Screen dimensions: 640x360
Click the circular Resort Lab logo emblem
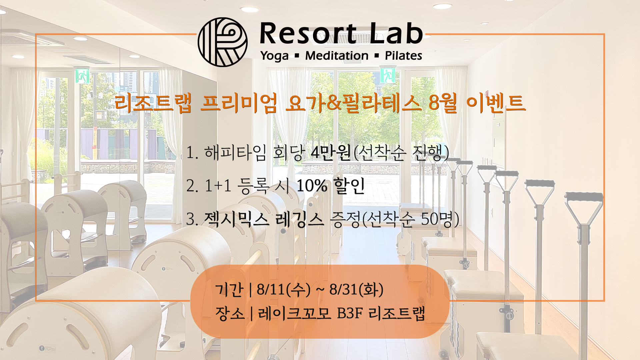click(x=223, y=42)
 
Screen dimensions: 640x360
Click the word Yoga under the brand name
click(x=275, y=56)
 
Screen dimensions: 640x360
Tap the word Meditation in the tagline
click(x=337, y=55)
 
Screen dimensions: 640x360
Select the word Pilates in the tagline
click(x=403, y=55)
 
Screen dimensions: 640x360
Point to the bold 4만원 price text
click(x=331, y=153)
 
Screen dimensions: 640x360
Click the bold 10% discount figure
click(x=312, y=186)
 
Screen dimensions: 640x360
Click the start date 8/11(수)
click(x=283, y=289)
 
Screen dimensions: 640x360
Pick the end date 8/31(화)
click(x=356, y=289)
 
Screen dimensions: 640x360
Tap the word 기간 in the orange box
click(x=229, y=289)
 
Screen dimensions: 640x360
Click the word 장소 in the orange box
click(x=230, y=313)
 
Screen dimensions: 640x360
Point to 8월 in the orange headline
click(x=443, y=103)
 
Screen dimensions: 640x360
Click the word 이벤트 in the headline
click(x=496, y=103)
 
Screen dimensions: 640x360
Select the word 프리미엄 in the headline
click(x=239, y=103)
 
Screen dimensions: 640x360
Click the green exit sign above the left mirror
click(x=82, y=76)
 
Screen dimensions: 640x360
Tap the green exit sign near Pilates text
click(x=388, y=76)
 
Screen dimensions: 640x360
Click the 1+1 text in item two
click(x=218, y=186)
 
